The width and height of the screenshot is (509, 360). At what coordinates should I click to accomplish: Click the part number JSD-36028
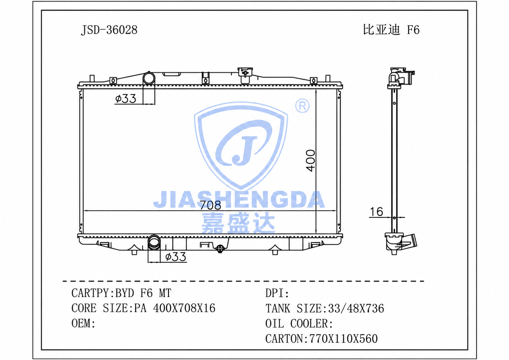(109, 30)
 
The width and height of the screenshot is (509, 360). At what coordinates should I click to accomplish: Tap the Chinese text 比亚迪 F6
(391, 30)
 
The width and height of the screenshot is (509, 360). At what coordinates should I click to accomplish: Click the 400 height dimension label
(310, 160)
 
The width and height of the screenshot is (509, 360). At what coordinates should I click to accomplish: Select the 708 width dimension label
(210, 205)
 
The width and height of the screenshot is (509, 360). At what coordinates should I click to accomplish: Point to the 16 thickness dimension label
(377, 212)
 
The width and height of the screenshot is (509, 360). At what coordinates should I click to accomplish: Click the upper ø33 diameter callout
(125, 99)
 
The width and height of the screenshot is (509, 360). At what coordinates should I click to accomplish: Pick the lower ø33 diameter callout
(175, 257)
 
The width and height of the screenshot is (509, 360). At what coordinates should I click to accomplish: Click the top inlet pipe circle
(149, 78)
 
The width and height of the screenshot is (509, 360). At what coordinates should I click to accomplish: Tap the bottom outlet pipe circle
(154, 241)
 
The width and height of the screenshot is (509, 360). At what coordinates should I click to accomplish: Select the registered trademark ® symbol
(302, 106)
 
